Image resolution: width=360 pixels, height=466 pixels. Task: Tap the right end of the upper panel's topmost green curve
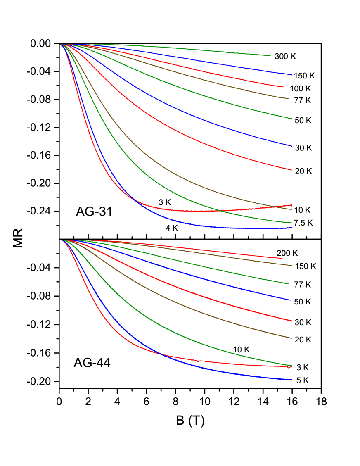coord(270,55)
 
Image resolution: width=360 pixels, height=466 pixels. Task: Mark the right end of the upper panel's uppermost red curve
coord(283,87)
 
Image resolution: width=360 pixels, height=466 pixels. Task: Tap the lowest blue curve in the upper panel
coord(186,223)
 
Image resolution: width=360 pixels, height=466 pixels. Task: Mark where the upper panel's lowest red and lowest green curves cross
coord(221,211)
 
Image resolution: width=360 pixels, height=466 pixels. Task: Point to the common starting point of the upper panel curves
coord(61,45)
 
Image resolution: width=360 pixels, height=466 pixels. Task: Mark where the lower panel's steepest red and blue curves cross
coord(159,354)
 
